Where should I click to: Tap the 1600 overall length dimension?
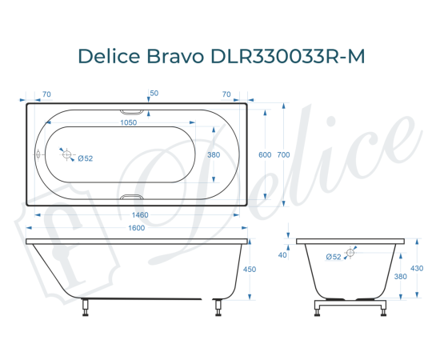137,230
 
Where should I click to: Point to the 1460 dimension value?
137,215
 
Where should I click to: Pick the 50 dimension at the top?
154,94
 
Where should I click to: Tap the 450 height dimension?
249,270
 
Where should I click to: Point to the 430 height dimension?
416,268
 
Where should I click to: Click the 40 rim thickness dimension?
282,255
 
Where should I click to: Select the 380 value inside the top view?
214,154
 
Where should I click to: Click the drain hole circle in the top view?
67,154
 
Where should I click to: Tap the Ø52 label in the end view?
334,256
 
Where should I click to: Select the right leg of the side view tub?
217,306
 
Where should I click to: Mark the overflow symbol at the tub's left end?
38,154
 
